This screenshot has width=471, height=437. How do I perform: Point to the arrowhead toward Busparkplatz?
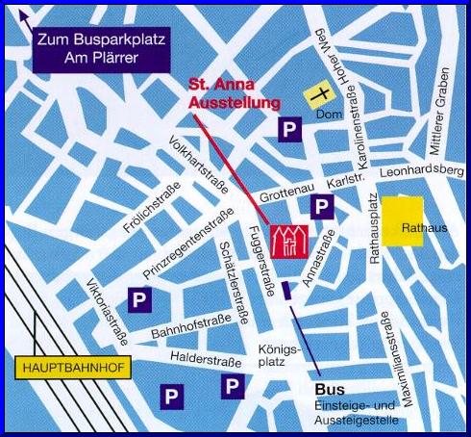click(25, 15)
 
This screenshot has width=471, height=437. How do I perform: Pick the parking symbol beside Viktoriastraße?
click(140, 299)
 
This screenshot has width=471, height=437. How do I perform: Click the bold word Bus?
click(328, 389)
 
